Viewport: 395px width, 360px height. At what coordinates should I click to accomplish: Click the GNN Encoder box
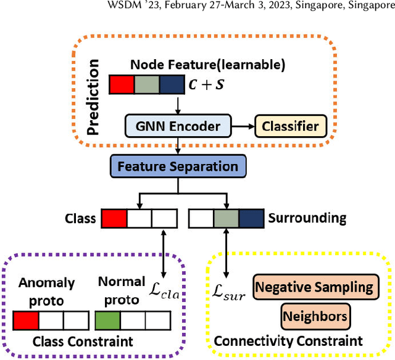[177, 127]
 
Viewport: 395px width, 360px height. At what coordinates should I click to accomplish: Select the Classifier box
[291, 127]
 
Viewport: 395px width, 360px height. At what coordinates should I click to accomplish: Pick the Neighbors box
[315, 317]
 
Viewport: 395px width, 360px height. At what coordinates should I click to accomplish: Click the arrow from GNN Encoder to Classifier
[244, 127]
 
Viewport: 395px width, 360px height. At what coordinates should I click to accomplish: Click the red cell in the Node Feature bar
[121, 85]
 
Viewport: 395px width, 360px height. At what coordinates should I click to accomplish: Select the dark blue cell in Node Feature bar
[171, 85]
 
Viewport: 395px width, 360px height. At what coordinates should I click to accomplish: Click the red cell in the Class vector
[114, 218]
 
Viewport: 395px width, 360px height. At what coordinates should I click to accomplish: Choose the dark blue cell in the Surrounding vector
[251, 218]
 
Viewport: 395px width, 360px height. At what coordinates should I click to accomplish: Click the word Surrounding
[307, 218]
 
